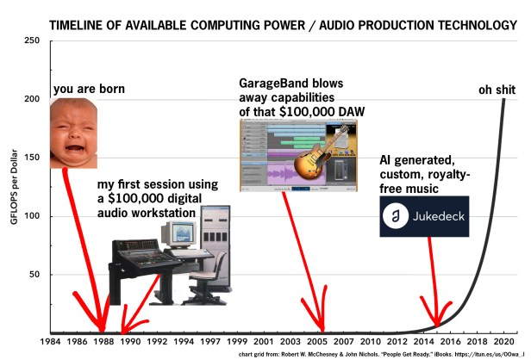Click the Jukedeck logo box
423,216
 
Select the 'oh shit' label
497,90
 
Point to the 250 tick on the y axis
33,40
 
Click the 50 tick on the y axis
35,275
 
